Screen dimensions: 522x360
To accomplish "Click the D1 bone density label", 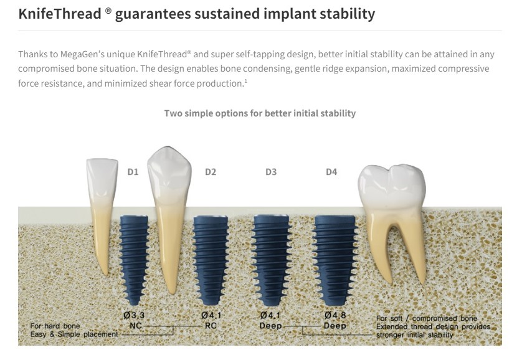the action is [x=133, y=172].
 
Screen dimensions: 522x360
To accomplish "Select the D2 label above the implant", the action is [x=211, y=172].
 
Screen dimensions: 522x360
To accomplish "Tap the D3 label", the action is [x=271, y=172].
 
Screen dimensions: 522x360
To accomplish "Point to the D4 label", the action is [x=331, y=172].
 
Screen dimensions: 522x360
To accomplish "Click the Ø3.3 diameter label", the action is [x=134, y=315].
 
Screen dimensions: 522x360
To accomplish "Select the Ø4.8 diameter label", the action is [x=335, y=315].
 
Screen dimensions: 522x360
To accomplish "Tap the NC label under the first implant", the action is [x=136, y=325].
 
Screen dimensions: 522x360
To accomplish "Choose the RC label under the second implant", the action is [x=211, y=325].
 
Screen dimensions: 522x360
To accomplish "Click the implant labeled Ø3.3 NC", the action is [x=134, y=260].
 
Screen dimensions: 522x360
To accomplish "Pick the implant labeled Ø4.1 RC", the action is [x=211, y=260].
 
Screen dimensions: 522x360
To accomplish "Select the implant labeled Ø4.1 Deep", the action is [x=271, y=260].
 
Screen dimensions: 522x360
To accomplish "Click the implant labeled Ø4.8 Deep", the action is [x=335, y=260].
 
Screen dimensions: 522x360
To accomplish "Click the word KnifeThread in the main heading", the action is [x=60, y=14].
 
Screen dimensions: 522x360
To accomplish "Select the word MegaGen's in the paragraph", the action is [x=81, y=54].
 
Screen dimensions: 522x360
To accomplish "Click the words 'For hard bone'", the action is [x=55, y=326].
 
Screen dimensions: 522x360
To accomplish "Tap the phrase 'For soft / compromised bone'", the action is [x=427, y=318].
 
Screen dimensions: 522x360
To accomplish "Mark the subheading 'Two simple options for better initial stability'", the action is [x=260, y=113].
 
